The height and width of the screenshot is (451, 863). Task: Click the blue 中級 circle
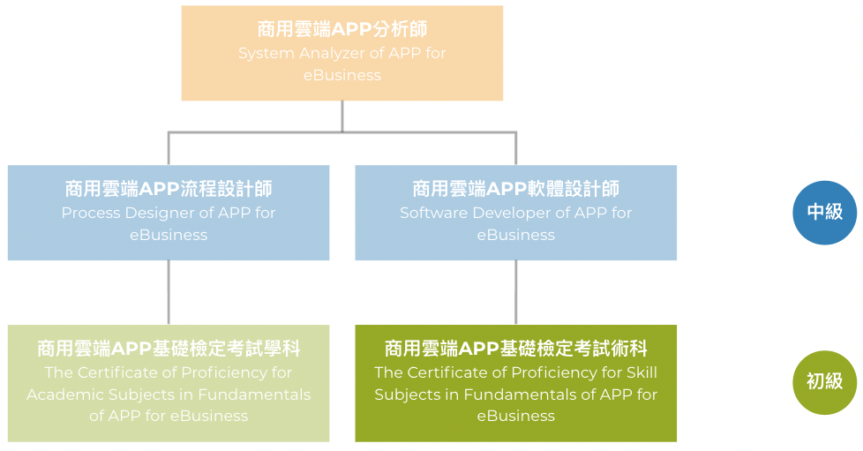pyautogui.click(x=824, y=213)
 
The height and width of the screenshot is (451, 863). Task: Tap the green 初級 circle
pyautogui.click(x=824, y=382)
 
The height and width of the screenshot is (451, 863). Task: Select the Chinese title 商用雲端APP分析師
pyautogui.click(x=341, y=29)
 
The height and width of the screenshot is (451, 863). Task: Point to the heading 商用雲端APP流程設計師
pyautogui.click(x=169, y=189)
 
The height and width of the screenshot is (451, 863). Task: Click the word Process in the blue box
pyautogui.click(x=91, y=213)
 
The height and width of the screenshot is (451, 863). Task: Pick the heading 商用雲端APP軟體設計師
pyautogui.click(x=515, y=189)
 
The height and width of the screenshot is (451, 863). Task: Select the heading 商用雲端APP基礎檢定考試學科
pyautogui.click(x=169, y=349)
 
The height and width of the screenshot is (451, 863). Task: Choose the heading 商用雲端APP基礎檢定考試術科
pyautogui.click(x=515, y=349)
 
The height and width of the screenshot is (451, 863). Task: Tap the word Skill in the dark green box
pyautogui.click(x=642, y=372)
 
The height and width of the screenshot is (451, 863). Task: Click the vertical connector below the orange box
pyautogui.click(x=342, y=117)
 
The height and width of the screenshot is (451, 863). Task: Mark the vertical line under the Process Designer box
pyautogui.click(x=169, y=292)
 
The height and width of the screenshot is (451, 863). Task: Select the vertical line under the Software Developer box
pyautogui.click(x=515, y=292)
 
